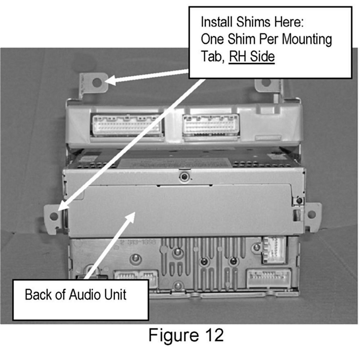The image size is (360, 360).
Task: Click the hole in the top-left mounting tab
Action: tap(97, 82)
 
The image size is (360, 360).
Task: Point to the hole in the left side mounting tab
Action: tap(54, 216)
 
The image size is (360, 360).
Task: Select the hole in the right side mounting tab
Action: tap(311, 214)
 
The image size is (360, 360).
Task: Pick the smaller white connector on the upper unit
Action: tap(211, 125)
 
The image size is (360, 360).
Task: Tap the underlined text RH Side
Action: tap(252, 57)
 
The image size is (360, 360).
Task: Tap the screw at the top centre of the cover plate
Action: tap(185, 177)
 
